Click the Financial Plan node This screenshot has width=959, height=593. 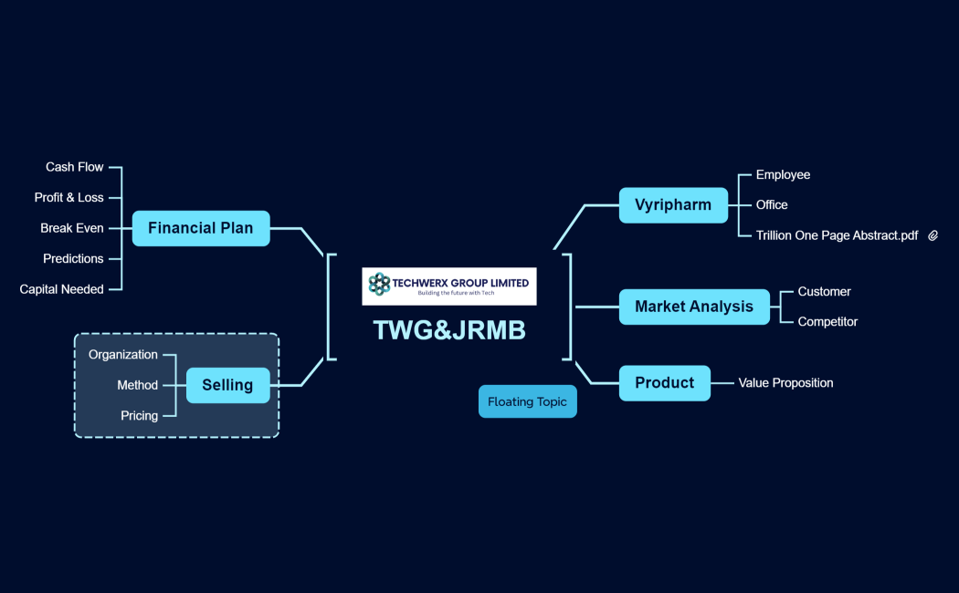[201, 228]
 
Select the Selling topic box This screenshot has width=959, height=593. [227, 385]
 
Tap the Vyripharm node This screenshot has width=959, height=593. [673, 205]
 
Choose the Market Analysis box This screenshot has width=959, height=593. [694, 307]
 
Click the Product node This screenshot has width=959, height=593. [664, 383]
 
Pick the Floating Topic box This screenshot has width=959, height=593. [527, 401]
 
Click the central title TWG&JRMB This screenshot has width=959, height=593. [449, 330]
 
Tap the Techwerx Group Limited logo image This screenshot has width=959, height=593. [449, 286]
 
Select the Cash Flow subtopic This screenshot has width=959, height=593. [75, 167]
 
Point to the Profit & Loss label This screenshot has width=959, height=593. [69, 197]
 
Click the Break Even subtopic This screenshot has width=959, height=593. [72, 228]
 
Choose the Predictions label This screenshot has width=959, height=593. [73, 258]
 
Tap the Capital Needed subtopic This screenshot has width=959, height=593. [62, 289]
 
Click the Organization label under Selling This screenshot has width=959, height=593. [123, 354]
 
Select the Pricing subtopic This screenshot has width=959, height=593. [139, 415]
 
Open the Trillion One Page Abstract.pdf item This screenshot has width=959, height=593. [837, 235]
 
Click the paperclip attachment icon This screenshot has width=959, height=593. [933, 235]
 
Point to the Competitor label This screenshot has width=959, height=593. [827, 321]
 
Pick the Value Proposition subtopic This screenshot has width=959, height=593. [785, 383]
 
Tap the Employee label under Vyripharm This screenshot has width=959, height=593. [783, 174]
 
